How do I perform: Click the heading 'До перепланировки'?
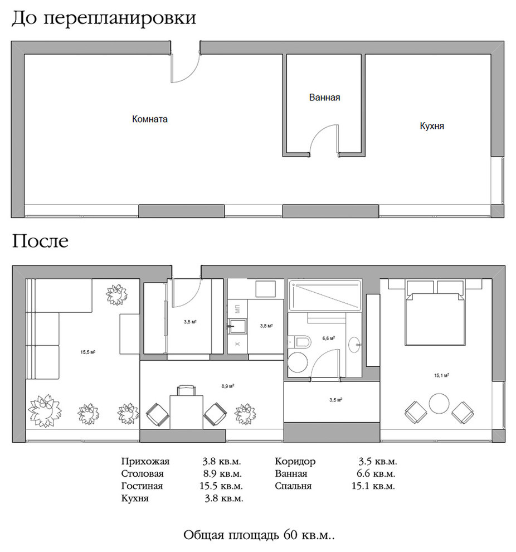pyautogui.click(x=104, y=18)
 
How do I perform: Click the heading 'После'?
pyautogui.click(x=40, y=242)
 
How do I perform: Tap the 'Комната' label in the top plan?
pyautogui.click(x=149, y=119)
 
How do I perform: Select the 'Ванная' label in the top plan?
pyautogui.click(x=324, y=98)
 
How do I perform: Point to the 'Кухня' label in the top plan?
pyautogui.click(x=432, y=127)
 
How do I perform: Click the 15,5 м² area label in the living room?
pyautogui.click(x=88, y=352)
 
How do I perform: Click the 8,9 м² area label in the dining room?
pyautogui.click(x=227, y=386)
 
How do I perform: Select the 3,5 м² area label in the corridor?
pyautogui.click(x=335, y=400)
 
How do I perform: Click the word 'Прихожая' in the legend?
pyautogui.click(x=144, y=462)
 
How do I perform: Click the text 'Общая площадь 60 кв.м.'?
pyautogui.click(x=259, y=536)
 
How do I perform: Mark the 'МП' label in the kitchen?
pyautogui.click(x=238, y=308)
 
